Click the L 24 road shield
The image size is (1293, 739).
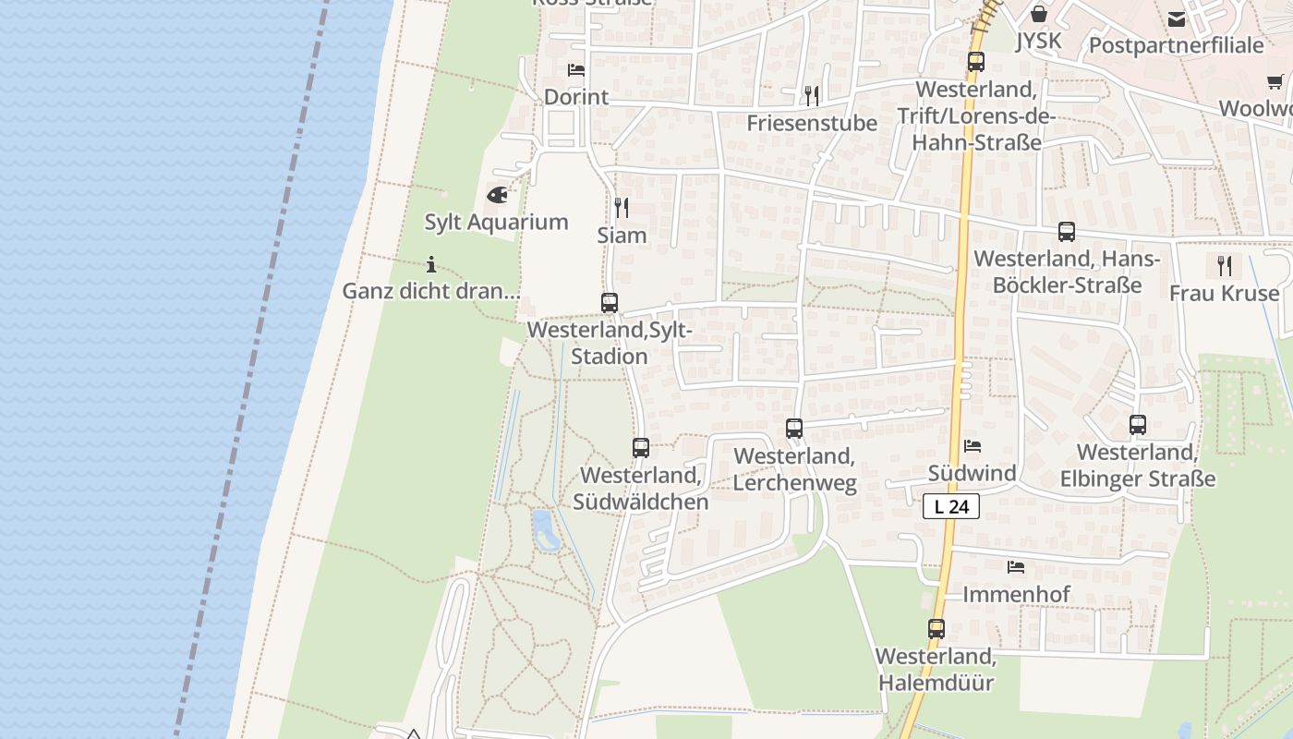[950, 506]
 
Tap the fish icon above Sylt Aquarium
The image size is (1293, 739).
[497, 195]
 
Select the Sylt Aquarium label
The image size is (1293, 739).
[496, 222]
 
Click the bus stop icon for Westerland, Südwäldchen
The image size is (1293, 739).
[641, 448]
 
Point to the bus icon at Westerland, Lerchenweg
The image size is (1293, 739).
[794, 429]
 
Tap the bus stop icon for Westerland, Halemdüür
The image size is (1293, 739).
[937, 629]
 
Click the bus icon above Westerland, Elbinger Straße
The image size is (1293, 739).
[1138, 425]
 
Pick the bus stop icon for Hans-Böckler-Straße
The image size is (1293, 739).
[1067, 232]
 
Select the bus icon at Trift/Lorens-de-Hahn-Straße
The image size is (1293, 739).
[976, 62]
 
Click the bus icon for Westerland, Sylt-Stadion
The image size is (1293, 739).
[610, 302]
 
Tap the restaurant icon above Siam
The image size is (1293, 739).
[622, 208]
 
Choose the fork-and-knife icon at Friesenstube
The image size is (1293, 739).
[812, 95]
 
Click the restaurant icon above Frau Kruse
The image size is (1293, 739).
[1225, 266]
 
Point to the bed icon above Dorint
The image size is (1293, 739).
[576, 70]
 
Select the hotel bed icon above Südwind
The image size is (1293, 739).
[973, 446]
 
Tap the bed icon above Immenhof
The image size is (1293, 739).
[1016, 566]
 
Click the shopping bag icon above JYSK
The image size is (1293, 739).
[1039, 14]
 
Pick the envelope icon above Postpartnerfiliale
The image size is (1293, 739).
[1177, 18]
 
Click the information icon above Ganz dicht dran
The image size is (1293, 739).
[431, 264]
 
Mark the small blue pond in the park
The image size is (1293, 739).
[545, 530]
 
